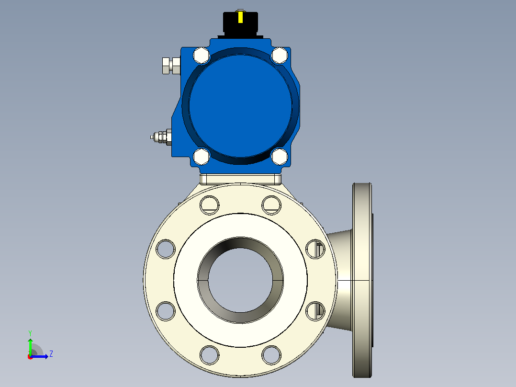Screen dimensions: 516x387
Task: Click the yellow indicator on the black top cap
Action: click(240, 17)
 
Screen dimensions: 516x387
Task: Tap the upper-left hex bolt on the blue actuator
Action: click(201, 56)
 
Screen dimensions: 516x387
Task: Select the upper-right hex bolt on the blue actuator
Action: click(280, 56)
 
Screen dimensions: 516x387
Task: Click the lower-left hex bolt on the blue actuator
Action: click(201, 157)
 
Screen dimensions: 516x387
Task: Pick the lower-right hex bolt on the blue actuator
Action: click(280, 157)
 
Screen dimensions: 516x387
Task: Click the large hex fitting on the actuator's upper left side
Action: click(171, 66)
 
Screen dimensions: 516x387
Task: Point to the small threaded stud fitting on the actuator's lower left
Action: click(161, 137)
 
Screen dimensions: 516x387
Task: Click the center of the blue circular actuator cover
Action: click(240, 106)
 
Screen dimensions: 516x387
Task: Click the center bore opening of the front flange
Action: click(241, 280)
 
